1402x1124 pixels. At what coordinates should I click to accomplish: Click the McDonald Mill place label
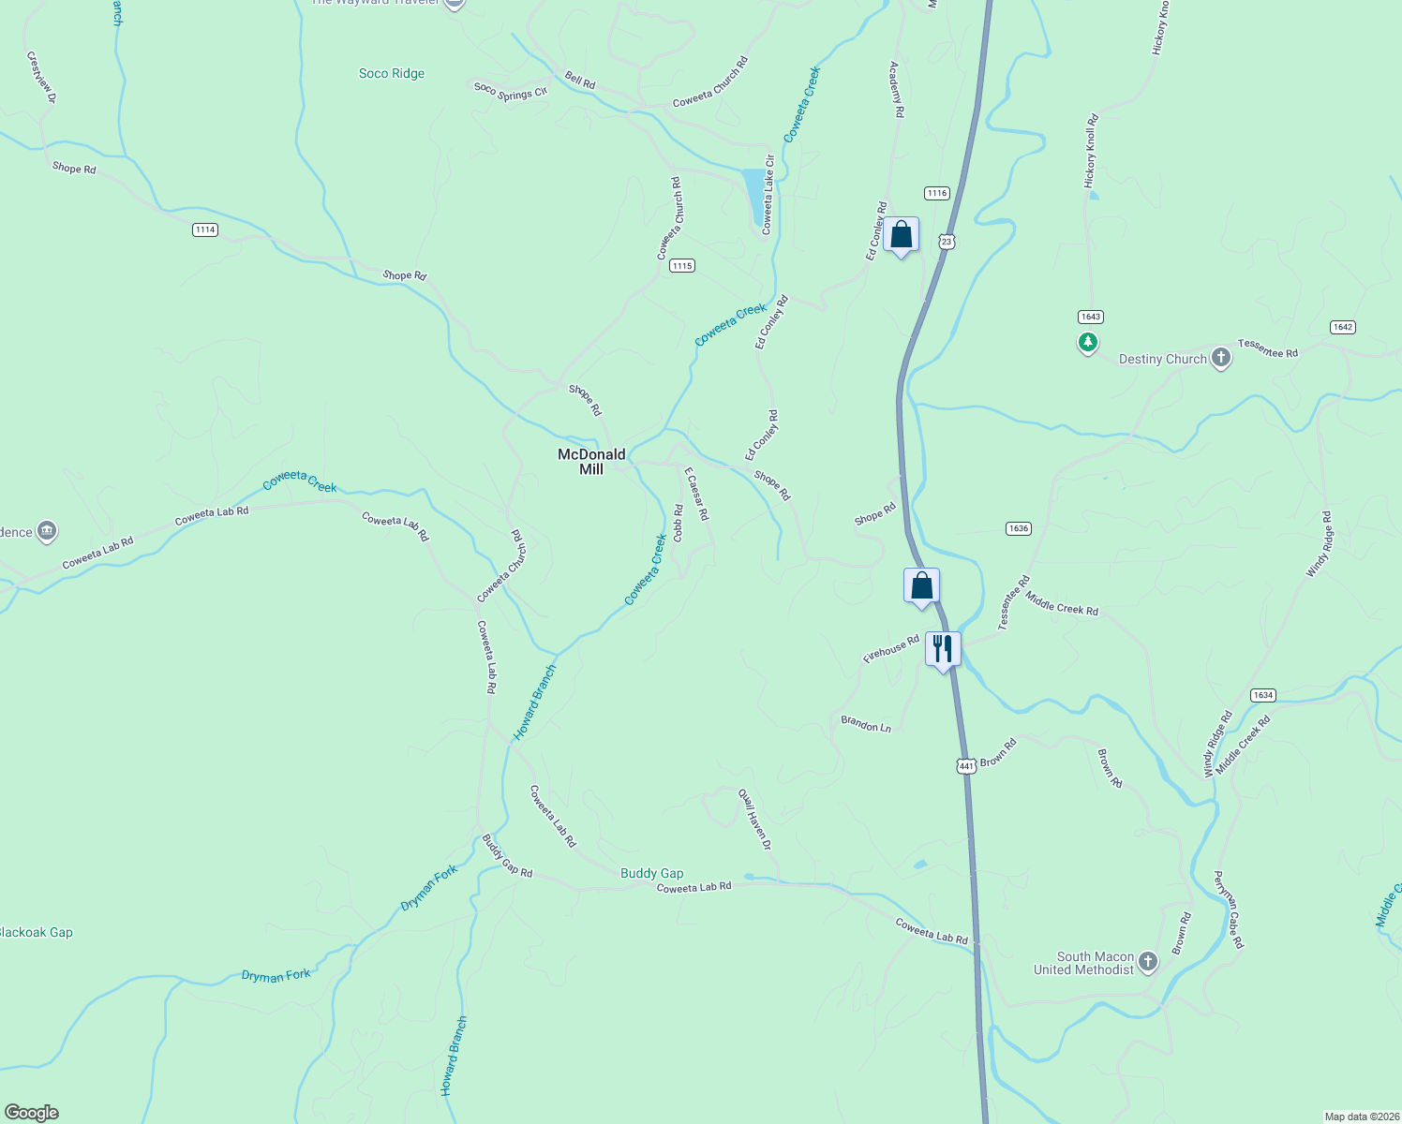coord(591,462)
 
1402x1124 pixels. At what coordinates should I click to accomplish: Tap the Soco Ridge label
coord(392,73)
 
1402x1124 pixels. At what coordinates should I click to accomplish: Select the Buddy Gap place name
coord(651,873)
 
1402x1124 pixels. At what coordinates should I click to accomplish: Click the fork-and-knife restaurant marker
coord(943,648)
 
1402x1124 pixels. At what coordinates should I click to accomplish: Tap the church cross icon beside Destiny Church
coord(1220,358)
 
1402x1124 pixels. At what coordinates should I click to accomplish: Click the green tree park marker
coord(1087,342)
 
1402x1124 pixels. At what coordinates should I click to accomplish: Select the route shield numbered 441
coord(966,765)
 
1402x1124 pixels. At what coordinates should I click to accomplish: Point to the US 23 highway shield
coord(947,242)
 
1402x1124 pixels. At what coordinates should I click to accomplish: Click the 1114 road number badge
coord(205,229)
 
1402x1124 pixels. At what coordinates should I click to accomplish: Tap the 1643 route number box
coord(1090,317)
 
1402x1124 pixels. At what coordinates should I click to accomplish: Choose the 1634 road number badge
coord(1263,695)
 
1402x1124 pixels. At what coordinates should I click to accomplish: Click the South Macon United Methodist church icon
coord(1148,962)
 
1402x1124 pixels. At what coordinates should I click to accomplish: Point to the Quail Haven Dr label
coord(754,819)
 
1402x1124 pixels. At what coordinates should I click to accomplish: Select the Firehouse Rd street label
coord(890,649)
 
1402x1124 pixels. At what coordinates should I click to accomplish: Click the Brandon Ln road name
coord(866,724)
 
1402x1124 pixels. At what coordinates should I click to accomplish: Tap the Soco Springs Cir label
coord(510,91)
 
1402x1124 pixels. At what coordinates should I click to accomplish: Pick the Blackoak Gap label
coord(36,932)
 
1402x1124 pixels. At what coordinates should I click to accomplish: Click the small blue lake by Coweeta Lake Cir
coord(753,196)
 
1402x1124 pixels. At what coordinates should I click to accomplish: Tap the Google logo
coord(32,1113)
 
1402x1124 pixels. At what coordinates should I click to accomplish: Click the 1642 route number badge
coord(1342,327)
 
